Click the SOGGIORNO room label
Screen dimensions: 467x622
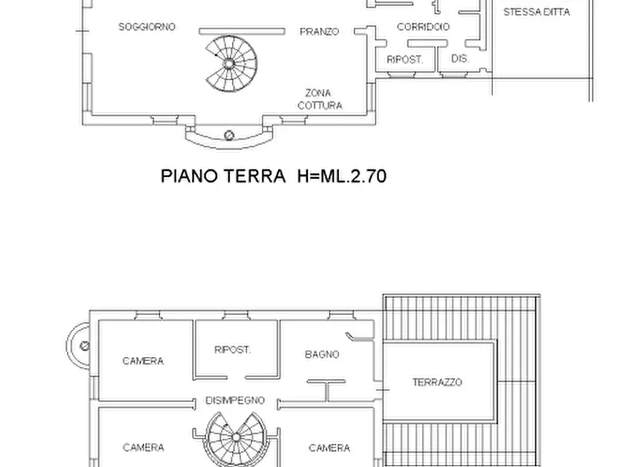[x=147, y=27]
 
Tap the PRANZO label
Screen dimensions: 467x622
[x=320, y=32]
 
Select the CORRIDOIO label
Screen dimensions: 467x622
[x=423, y=27]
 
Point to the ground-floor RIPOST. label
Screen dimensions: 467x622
[x=405, y=60]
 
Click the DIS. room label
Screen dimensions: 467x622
[x=460, y=59]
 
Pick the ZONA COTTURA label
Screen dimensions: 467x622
[x=319, y=99]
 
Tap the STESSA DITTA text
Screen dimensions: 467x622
[x=536, y=12]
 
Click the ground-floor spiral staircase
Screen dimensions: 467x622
[x=230, y=63]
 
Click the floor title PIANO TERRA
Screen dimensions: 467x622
[x=223, y=176]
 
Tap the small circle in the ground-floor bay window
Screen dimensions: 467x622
[x=229, y=135]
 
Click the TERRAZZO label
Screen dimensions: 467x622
[x=437, y=382]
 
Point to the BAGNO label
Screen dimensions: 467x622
[x=322, y=355]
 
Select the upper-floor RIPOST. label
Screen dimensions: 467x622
[x=233, y=350]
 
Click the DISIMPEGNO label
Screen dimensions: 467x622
[x=235, y=400]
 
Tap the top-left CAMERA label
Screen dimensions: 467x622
[x=143, y=361]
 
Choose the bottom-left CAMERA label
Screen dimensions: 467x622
[x=143, y=447]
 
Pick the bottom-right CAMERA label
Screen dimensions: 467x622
[x=329, y=447]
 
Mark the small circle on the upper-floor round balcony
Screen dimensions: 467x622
[x=85, y=345]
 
